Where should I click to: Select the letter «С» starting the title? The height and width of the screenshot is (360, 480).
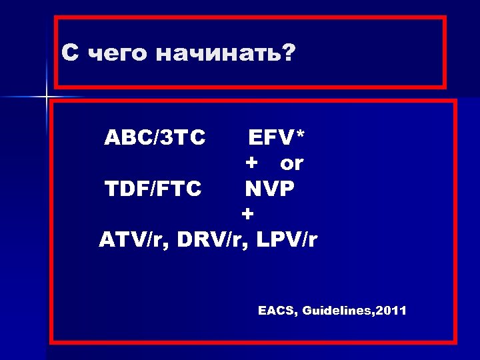69,52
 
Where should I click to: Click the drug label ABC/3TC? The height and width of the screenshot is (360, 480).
154,138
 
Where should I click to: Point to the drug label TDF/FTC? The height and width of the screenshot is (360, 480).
153,189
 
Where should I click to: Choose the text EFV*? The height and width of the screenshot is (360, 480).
277,138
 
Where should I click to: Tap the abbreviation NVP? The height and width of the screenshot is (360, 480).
269,189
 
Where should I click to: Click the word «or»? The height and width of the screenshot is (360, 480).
291,163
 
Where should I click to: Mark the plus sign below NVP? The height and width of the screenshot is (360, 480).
248,215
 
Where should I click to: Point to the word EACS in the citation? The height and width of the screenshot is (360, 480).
277,311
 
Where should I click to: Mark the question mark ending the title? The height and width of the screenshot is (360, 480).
287,52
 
